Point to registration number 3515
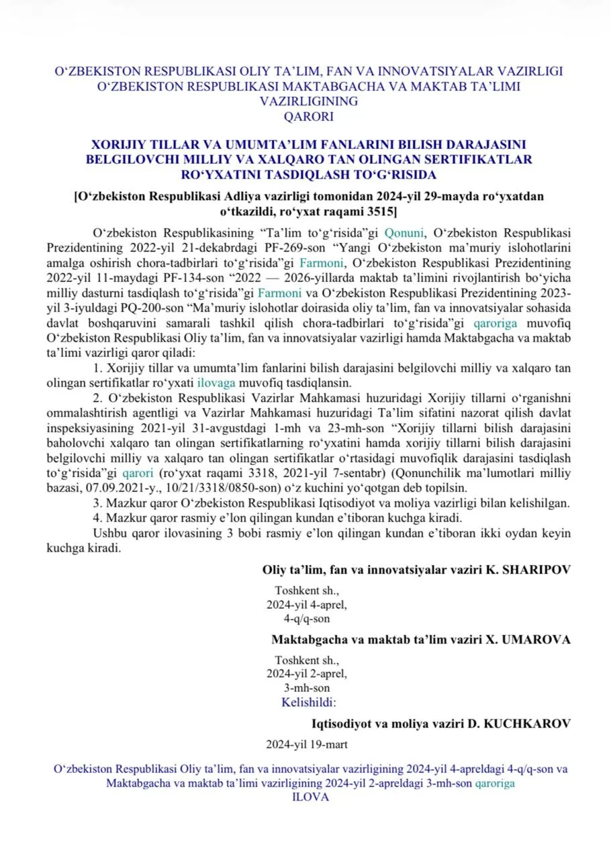click(380, 212)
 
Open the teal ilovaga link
click(216, 383)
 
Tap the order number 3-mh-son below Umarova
click(307, 688)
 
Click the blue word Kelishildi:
click(308, 703)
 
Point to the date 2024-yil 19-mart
click(307, 744)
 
